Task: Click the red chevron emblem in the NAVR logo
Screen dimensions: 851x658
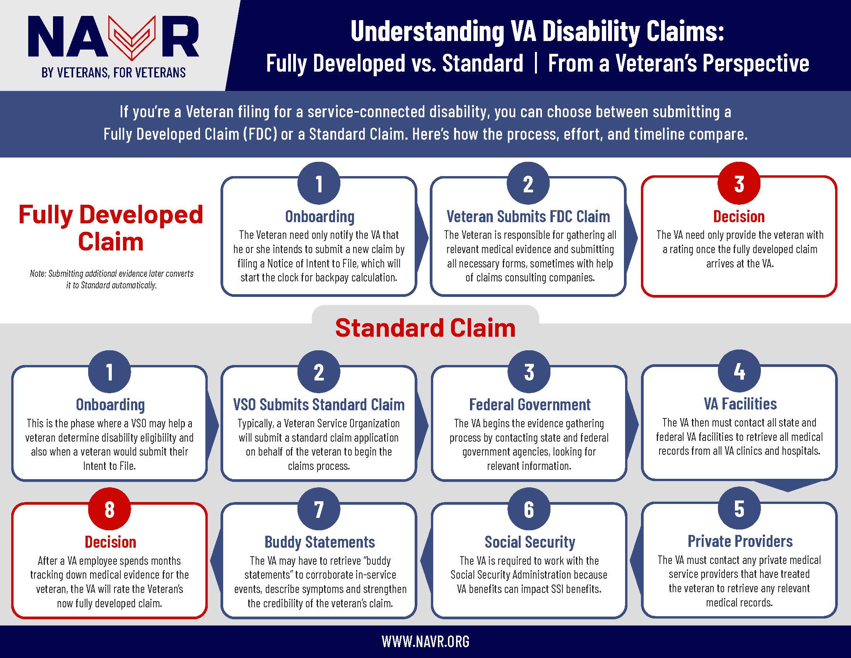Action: pyautogui.click(x=132, y=38)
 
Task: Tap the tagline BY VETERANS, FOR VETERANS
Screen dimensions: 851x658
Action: pyautogui.click(x=114, y=73)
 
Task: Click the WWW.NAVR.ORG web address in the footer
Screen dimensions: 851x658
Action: pyautogui.click(x=425, y=641)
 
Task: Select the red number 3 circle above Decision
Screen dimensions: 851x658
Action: pyautogui.click(x=739, y=183)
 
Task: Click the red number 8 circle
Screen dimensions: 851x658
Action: pyautogui.click(x=109, y=509)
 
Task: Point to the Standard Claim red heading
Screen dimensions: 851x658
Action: pyautogui.click(x=425, y=327)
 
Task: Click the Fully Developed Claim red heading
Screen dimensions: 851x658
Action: pyautogui.click(x=111, y=228)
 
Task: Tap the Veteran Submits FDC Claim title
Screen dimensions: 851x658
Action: pyautogui.click(x=528, y=216)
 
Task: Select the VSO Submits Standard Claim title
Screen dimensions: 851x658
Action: pyautogui.click(x=319, y=404)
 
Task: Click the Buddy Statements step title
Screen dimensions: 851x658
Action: pyautogui.click(x=320, y=542)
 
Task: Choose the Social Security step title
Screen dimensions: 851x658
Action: pyautogui.click(x=530, y=542)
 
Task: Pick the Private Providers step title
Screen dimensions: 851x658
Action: pyautogui.click(x=740, y=541)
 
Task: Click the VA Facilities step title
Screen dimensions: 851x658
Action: pyautogui.click(x=740, y=404)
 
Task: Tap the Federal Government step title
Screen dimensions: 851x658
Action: pyautogui.click(x=530, y=404)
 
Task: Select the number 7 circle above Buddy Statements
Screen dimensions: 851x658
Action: pyautogui.click(x=319, y=509)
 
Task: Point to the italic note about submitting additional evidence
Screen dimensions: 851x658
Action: pyautogui.click(x=111, y=279)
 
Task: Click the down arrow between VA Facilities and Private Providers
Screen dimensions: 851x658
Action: pyautogui.click(x=788, y=486)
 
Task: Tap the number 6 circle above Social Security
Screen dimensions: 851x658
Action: pyautogui.click(x=529, y=509)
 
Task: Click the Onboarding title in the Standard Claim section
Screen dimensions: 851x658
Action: pyautogui.click(x=110, y=404)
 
